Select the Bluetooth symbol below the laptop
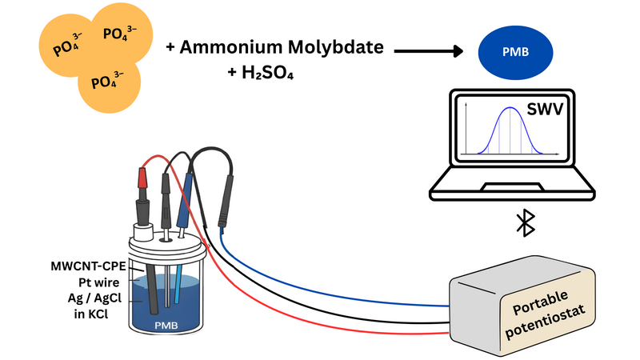(525, 225)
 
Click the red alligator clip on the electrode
(144, 177)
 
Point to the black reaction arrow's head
(458, 52)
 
